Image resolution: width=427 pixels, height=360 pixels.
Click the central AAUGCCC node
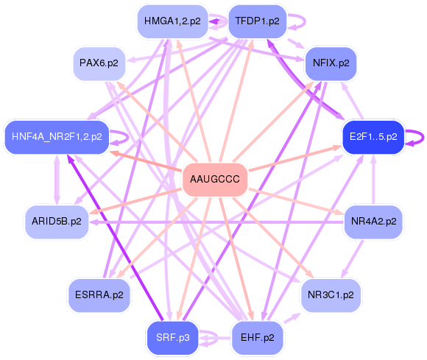point(214,180)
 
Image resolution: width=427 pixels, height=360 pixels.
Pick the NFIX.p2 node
point(331,63)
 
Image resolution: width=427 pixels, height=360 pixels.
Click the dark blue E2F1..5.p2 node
point(373,137)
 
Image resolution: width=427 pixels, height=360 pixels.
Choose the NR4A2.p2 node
point(374,220)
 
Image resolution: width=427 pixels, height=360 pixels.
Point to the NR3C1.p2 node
point(331,294)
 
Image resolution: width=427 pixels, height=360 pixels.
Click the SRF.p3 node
point(172,338)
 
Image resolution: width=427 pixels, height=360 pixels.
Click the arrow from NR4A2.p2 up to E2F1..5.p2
point(374,179)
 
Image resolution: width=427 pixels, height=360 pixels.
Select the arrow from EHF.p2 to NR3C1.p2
point(292,319)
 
